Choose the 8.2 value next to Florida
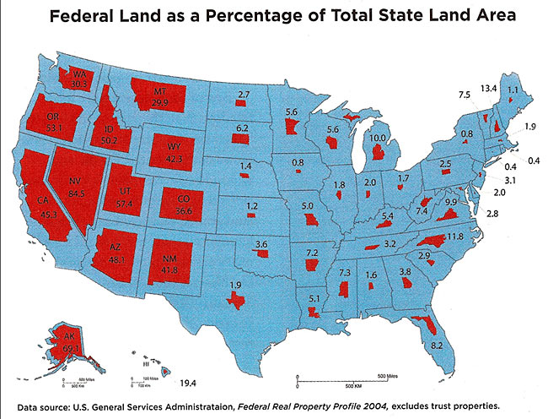(437, 346)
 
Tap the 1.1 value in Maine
(512, 88)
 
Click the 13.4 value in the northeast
(488, 88)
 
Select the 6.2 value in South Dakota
(241, 128)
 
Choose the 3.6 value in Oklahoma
(262, 245)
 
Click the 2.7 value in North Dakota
(244, 94)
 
